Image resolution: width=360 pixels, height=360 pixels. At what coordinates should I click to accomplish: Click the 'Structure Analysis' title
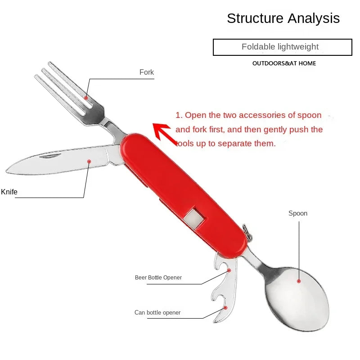283,18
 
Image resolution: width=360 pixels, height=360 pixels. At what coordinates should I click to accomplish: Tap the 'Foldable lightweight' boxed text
280,47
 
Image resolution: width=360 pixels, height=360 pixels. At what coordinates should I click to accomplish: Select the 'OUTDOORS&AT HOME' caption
284,63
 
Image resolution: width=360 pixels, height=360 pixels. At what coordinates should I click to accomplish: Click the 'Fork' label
147,72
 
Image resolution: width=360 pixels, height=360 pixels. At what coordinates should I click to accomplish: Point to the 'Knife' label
9,192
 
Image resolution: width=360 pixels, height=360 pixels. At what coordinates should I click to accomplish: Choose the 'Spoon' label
298,213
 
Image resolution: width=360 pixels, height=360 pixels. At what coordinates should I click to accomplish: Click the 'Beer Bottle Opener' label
158,278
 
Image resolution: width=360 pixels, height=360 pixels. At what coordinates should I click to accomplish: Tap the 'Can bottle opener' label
157,312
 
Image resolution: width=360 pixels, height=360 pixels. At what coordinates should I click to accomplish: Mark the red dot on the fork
86,98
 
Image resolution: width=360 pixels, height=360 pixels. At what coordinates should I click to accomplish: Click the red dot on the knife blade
89,162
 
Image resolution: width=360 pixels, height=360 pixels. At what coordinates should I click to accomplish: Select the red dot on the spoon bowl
299,281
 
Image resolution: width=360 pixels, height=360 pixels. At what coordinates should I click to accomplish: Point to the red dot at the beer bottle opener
229,270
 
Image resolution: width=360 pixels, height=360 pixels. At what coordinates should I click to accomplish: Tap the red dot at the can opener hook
225,308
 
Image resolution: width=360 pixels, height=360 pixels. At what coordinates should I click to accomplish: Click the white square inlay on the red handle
193,217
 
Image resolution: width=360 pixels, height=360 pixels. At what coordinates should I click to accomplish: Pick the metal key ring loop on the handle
247,232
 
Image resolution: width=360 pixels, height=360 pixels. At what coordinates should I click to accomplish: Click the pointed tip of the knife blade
6,171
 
